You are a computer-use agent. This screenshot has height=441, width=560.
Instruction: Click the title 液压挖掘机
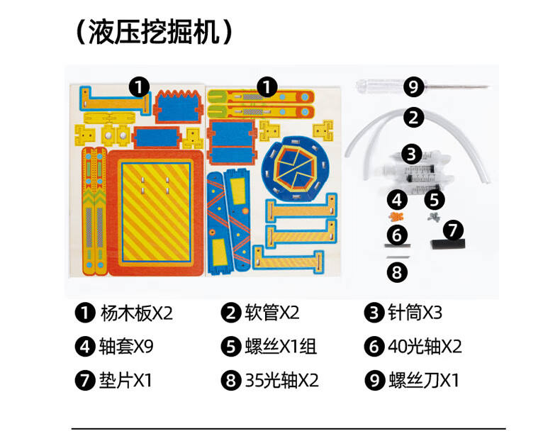154,32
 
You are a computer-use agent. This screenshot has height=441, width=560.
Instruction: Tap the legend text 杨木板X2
136,313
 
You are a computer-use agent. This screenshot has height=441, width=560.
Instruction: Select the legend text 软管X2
271,313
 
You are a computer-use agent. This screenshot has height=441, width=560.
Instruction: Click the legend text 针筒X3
415,313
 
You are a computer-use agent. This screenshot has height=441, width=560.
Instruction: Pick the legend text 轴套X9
126,346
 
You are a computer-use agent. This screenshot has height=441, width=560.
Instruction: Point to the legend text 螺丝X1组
281,346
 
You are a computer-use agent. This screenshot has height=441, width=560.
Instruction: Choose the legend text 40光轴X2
425,346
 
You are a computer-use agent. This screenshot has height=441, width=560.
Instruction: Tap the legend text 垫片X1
125,379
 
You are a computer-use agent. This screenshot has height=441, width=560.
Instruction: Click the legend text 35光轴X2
281,379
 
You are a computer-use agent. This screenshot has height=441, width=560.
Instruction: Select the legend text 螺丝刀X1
424,379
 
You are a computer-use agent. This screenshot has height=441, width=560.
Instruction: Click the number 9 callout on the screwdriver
413,86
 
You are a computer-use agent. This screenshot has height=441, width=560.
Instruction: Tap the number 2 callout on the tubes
413,118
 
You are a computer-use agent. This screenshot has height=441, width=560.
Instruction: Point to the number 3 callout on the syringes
411,154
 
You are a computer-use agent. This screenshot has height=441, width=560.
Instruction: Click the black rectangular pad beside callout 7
448,245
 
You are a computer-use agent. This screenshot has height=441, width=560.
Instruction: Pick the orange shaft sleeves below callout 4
396,216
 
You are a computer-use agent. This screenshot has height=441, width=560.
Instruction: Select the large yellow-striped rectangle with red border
156,213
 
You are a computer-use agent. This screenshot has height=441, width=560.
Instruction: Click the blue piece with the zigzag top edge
178,106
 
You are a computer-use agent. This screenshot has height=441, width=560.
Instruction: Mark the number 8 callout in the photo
397,272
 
